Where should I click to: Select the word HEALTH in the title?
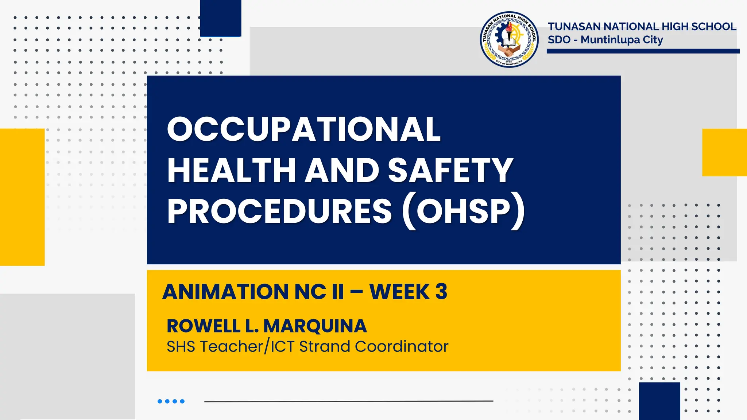tap(231, 170)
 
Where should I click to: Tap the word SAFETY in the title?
tap(450, 170)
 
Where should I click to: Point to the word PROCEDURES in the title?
tap(279, 211)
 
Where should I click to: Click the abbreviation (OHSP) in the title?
tap(464, 211)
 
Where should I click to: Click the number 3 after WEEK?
tap(441, 292)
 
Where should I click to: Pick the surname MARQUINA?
tap(315, 326)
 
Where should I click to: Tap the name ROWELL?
tap(203, 326)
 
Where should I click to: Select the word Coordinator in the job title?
tap(402, 346)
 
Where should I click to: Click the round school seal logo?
tap(509, 39)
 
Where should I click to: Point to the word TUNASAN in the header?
tap(574, 27)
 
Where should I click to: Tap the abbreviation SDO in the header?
tap(559, 40)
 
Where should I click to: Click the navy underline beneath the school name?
tap(643, 51)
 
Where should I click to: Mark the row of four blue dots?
tap(171, 401)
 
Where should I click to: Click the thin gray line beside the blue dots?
tap(348, 401)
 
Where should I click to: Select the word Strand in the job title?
tap(324, 346)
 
